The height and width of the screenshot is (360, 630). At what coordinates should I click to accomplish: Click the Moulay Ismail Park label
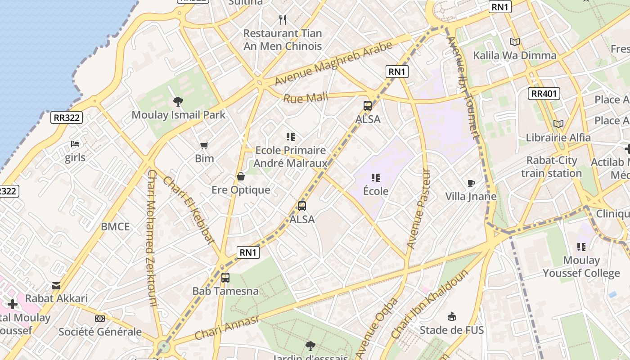click(x=178, y=115)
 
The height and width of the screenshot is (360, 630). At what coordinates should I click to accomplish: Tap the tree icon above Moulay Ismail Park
click(x=178, y=102)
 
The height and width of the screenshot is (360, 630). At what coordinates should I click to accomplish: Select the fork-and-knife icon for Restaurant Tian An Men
click(x=283, y=20)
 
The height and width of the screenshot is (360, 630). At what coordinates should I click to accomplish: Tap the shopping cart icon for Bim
click(x=204, y=145)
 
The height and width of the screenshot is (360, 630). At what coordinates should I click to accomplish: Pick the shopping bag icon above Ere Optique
click(x=241, y=177)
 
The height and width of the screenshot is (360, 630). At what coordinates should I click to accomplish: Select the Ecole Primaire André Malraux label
click(x=291, y=156)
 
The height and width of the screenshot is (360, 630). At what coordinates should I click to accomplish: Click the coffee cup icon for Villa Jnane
click(x=471, y=183)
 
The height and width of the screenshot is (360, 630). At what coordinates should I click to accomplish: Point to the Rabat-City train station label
click(x=551, y=166)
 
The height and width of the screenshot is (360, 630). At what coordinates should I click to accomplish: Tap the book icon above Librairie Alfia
click(x=558, y=124)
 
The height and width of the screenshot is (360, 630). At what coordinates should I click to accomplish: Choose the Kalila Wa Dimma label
click(x=514, y=55)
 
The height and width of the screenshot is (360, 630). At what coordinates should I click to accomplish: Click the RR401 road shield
click(x=544, y=94)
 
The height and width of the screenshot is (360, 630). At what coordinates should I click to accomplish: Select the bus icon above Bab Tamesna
click(x=225, y=278)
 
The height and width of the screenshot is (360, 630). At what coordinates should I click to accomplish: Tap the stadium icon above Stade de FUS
click(x=451, y=317)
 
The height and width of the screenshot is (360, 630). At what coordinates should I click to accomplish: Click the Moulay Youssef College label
click(x=581, y=266)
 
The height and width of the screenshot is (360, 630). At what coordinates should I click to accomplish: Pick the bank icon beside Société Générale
click(x=100, y=319)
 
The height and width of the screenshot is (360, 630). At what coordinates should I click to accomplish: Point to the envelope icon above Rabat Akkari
click(x=56, y=285)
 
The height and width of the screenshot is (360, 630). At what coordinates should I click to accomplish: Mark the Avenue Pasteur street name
click(x=418, y=208)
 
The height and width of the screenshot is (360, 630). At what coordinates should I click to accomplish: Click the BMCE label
click(x=115, y=226)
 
